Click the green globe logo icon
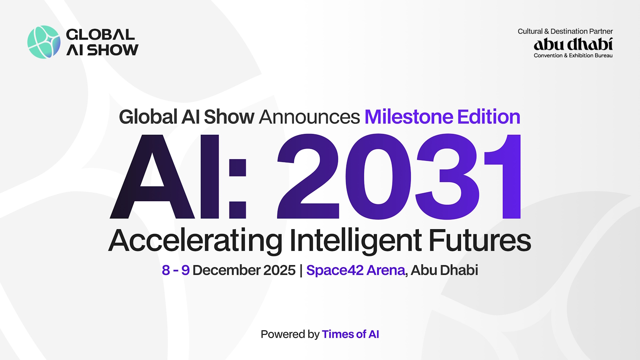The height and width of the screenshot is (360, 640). (44, 42)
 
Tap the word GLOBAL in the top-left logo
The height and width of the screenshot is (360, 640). (100, 34)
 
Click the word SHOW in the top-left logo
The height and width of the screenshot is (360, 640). (113, 50)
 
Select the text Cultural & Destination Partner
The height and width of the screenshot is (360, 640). (565, 31)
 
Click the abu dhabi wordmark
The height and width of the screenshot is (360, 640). (573, 44)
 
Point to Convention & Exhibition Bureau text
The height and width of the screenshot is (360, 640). (573, 56)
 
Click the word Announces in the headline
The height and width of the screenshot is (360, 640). (309, 117)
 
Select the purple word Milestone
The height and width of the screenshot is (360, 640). (408, 117)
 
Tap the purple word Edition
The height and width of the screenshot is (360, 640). (488, 117)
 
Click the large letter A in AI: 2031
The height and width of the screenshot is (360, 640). (152, 178)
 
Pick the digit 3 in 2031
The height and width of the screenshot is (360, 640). (447, 177)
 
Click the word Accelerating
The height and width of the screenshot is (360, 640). (196, 240)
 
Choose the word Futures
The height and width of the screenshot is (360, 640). (480, 240)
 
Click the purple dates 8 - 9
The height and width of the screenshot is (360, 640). (176, 270)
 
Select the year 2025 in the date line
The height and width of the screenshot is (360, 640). (279, 270)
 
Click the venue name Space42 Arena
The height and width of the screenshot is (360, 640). (356, 270)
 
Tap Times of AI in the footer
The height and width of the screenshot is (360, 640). (350, 334)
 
